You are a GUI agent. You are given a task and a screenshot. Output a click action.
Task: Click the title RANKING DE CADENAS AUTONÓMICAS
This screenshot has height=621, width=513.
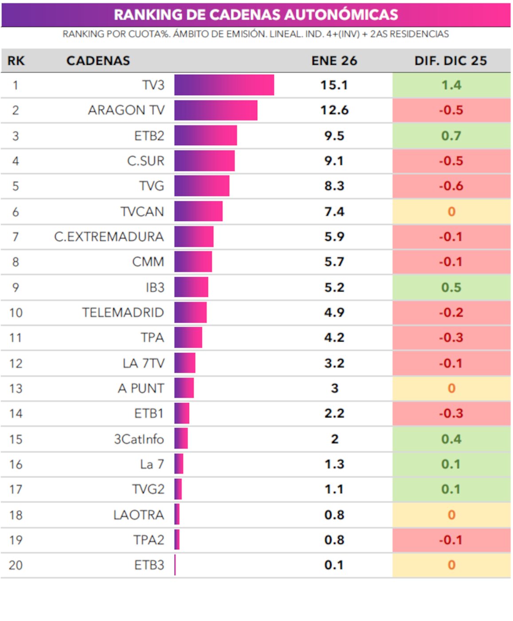(256, 15)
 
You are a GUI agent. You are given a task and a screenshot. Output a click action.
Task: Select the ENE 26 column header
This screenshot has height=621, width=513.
(334, 61)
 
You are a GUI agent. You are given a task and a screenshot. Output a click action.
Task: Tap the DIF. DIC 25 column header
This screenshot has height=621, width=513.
(450, 61)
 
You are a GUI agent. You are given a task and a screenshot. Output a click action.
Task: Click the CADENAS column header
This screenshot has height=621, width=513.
(98, 61)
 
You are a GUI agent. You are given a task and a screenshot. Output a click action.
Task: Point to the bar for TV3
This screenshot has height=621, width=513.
(224, 85)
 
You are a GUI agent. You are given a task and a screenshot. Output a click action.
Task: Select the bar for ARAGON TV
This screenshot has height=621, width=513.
(215, 110)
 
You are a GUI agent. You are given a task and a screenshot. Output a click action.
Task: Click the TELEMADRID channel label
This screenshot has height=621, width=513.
(123, 312)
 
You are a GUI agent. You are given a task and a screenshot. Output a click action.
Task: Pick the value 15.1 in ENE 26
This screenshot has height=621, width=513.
(334, 85)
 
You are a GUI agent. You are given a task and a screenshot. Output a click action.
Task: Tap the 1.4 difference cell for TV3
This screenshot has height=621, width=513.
(451, 85)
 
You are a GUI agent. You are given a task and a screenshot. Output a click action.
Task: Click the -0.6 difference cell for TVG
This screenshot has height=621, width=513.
(451, 186)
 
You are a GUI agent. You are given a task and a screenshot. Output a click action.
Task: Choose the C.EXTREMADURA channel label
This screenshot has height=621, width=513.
(109, 236)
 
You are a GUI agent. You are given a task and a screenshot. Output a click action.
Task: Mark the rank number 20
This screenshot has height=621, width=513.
(16, 565)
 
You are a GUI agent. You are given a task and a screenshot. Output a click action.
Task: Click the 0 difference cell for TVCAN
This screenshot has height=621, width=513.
(451, 212)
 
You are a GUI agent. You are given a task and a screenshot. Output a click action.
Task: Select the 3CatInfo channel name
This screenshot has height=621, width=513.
(139, 439)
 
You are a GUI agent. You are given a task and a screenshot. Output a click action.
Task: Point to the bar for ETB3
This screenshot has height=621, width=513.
(175, 565)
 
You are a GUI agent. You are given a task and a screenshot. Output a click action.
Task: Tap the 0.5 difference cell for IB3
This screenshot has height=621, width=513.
(451, 287)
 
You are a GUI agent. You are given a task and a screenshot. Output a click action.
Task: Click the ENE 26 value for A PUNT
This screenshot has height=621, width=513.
(334, 388)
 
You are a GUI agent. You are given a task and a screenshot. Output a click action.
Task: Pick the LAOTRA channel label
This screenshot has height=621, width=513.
(138, 515)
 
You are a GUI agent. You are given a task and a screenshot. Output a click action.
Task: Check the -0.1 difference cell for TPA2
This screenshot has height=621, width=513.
(451, 540)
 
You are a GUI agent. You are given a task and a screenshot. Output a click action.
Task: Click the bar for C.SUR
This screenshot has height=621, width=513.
(204, 161)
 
